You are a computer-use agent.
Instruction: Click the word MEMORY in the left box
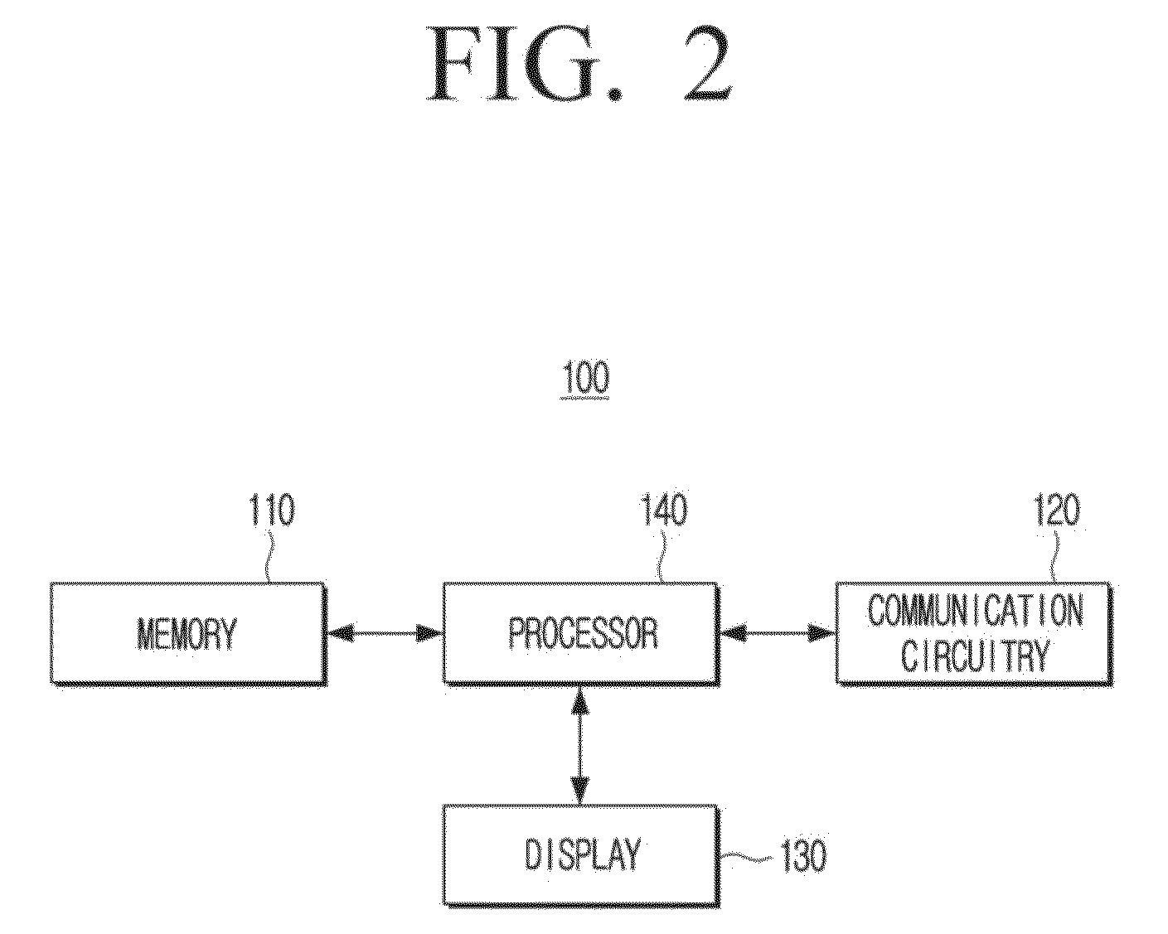[x=187, y=633]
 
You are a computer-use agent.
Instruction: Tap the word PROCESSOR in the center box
[x=583, y=633]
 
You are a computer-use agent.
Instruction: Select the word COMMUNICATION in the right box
[x=976, y=611]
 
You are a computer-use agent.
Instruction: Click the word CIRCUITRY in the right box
[x=976, y=655]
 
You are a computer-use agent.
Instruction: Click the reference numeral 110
[x=271, y=510]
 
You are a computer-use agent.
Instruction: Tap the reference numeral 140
[x=664, y=510]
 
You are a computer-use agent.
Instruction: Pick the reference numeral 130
[x=804, y=856]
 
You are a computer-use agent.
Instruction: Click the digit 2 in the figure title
[x=707, y=64]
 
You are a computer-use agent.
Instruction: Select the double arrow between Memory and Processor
[x=385, y=633]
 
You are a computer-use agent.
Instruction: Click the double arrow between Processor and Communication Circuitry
[x=778, y=633]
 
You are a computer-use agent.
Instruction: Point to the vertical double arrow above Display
[x=580, y=745]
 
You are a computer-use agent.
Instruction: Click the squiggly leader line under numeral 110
[x=269, y=558]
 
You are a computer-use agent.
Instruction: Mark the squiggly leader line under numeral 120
[x=1055, y=558]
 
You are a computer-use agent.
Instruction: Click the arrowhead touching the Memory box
[x=340, y=633]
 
